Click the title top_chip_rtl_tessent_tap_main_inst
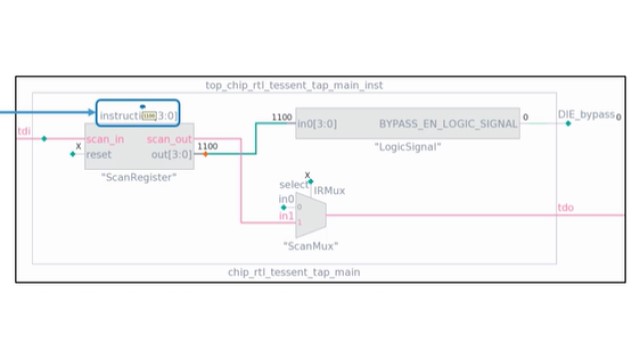[x=293, y=86]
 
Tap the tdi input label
[x=24, y=130]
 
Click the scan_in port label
[x=105, y=139]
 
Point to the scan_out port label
[x=169, y=139]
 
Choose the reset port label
[x=99, y=155]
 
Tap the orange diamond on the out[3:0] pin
[x=205, y=155]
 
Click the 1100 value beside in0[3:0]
[x=282, y=117]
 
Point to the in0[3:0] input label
[x=317, y=124]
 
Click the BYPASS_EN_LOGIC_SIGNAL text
[x=448, y=124]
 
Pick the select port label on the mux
[x=294, y=185]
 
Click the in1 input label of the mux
[x=286, y=215]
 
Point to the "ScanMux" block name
[x=311, y=245]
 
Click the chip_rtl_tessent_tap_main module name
[x=293, y=271]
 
